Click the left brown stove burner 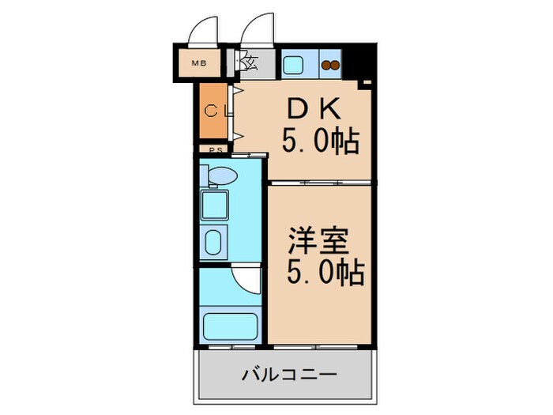328,66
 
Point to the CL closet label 216,111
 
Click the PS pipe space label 213,148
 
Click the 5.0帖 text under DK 322,142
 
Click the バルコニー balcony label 286,373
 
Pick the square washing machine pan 215,206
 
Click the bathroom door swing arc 246,278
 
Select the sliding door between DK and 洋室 319,182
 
